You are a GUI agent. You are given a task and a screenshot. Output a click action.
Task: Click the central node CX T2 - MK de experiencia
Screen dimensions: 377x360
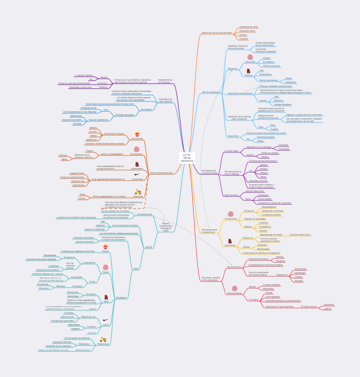pos(187,157)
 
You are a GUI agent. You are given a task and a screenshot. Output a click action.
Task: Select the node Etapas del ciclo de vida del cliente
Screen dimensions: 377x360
pos(217,32)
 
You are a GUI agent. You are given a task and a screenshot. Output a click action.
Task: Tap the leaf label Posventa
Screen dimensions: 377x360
pos(244,39)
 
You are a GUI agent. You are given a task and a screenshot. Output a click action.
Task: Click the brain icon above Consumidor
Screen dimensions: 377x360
pos(250,57)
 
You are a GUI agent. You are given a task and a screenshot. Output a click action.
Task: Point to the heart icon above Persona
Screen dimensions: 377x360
pos(248,71)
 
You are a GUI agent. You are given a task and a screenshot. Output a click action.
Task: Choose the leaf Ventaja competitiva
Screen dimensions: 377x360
pos(283,104)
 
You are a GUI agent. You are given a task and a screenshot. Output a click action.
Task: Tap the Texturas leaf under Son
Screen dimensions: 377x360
pos(264,172)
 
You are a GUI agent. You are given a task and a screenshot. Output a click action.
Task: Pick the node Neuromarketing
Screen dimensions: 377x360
pos(234,293)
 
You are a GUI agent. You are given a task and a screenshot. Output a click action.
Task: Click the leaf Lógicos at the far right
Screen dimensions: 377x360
pos(328,309)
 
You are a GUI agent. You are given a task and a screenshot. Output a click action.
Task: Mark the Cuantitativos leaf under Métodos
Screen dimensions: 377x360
pos(265,227)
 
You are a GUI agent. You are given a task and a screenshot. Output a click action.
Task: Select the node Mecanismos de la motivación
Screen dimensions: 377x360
pos(165,81)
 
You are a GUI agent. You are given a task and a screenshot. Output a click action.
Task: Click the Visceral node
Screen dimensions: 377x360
pos(104,77)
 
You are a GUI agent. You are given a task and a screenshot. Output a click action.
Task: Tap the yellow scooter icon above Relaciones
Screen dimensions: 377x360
pos(138,192)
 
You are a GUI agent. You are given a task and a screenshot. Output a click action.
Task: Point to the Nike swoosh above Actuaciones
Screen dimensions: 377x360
pos(137,174)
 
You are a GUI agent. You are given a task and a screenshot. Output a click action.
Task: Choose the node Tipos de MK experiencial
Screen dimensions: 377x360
pos(161,172)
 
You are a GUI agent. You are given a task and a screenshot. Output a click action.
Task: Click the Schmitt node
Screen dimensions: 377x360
pos(148,247)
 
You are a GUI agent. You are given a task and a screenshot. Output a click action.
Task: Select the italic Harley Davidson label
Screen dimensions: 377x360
pos(83,350)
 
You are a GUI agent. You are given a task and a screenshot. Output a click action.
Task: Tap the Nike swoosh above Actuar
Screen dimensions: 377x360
pos(106,320)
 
